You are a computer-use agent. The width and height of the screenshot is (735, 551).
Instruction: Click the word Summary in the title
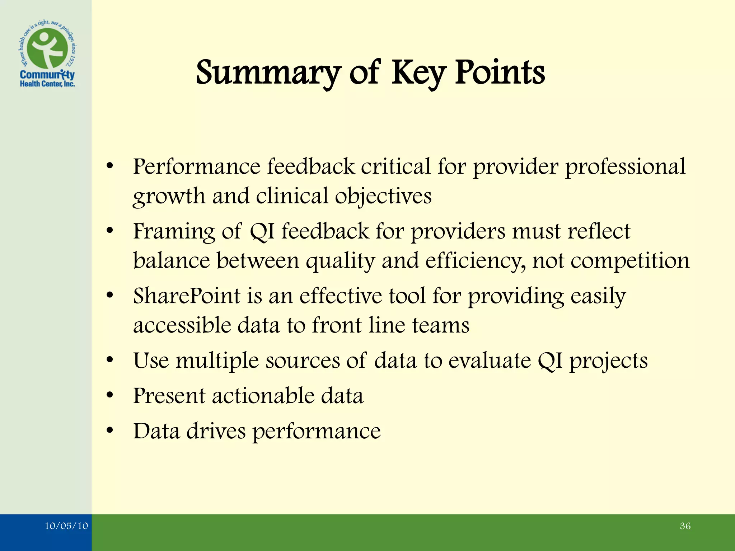(x=267, y=74)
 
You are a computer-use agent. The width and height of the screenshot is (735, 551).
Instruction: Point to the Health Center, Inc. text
(x=47, y=84)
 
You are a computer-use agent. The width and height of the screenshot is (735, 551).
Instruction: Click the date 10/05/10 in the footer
(x=66, y=526)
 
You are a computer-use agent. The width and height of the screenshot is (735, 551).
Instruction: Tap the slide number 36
(x=685, y=526)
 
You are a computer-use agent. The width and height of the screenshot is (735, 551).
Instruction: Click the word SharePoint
(x=186, y=296)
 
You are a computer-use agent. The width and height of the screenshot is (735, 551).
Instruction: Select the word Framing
(x=174, y=232)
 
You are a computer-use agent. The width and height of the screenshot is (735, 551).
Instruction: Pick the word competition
(x=629, y=261)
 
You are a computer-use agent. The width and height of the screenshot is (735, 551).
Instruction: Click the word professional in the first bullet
(x=625, y=167)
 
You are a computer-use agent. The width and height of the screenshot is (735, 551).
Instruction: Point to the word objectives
(x=383, y=197)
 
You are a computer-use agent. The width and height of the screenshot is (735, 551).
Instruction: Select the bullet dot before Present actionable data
(x=110, y=395)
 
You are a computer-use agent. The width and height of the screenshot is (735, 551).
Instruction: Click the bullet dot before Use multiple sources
(x=110, y=360)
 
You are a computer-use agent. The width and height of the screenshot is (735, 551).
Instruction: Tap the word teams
(x=440, y=325)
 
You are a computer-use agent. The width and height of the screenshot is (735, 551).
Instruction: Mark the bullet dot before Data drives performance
(x=110, y=430)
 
